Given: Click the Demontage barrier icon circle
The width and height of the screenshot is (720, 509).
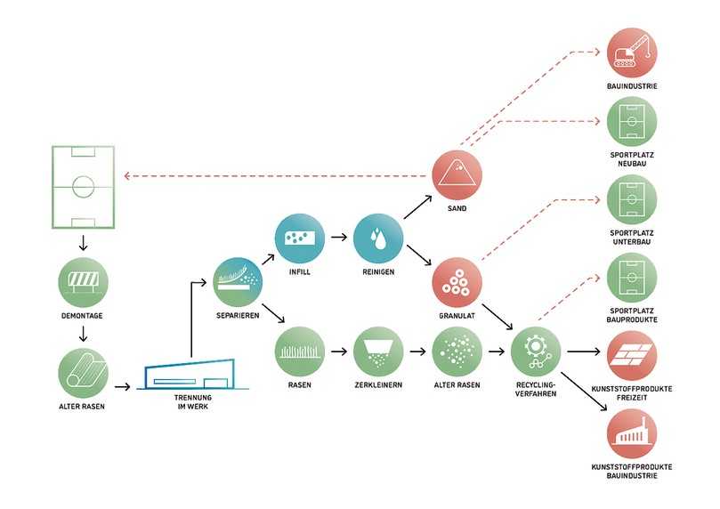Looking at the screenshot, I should [83, 285].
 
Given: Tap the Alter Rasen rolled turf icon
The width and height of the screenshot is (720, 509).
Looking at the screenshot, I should [83, 372].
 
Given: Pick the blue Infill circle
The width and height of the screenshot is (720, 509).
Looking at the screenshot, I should [300, 238].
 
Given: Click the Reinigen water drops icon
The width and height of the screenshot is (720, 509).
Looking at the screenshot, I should [378, 238].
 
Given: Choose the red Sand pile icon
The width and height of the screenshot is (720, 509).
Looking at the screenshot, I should [457, 174].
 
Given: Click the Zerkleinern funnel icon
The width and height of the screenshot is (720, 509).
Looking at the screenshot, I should [378, 351].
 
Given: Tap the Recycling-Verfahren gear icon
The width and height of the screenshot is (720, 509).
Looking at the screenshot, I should [536, 351].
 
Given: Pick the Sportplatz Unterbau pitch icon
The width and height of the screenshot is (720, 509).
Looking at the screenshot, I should [632, 201].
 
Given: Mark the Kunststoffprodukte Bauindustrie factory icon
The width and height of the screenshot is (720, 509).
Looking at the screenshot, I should [632, 432].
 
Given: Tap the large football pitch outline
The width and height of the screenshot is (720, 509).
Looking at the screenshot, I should [83, 186].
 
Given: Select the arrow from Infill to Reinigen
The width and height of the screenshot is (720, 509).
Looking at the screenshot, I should [339, 238].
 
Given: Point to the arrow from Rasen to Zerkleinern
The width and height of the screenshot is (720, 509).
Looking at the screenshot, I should [339, 351].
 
